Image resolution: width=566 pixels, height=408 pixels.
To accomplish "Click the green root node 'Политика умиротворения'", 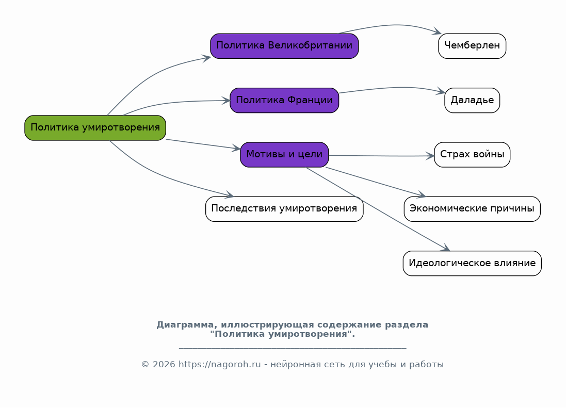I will (95, 128).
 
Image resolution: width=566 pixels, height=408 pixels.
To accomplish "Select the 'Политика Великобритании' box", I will (284, 46).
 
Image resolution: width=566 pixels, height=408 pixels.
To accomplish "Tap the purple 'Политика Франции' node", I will (284, 101).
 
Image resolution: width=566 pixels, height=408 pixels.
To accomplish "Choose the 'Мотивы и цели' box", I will (284, 155).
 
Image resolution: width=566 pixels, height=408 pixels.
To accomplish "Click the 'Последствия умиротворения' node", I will (284, 209).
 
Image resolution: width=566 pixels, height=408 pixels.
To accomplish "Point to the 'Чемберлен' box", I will (472, 46).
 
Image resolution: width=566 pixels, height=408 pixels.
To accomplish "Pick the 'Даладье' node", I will (472, 101).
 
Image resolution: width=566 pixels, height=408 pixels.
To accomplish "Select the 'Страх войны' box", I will (472, 155).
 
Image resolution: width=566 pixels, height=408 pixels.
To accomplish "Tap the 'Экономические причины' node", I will (472, 209).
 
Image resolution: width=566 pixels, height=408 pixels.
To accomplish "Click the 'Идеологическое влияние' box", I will (472, 264).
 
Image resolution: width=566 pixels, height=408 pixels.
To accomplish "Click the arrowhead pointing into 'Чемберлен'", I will (438, 32).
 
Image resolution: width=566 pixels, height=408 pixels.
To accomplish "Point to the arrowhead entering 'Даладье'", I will (441, 92).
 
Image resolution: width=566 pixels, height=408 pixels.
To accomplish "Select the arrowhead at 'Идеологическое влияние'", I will (445, 248).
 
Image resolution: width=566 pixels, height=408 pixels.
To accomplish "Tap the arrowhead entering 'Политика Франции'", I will (226, 101).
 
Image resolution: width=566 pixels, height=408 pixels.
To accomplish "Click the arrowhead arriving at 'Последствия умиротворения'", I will (229, 195).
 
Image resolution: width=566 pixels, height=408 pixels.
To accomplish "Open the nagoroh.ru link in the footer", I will (219, 365).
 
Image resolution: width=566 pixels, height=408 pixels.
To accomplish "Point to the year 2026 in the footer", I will (163, 365).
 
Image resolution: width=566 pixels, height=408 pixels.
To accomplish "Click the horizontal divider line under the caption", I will (293, 348).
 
